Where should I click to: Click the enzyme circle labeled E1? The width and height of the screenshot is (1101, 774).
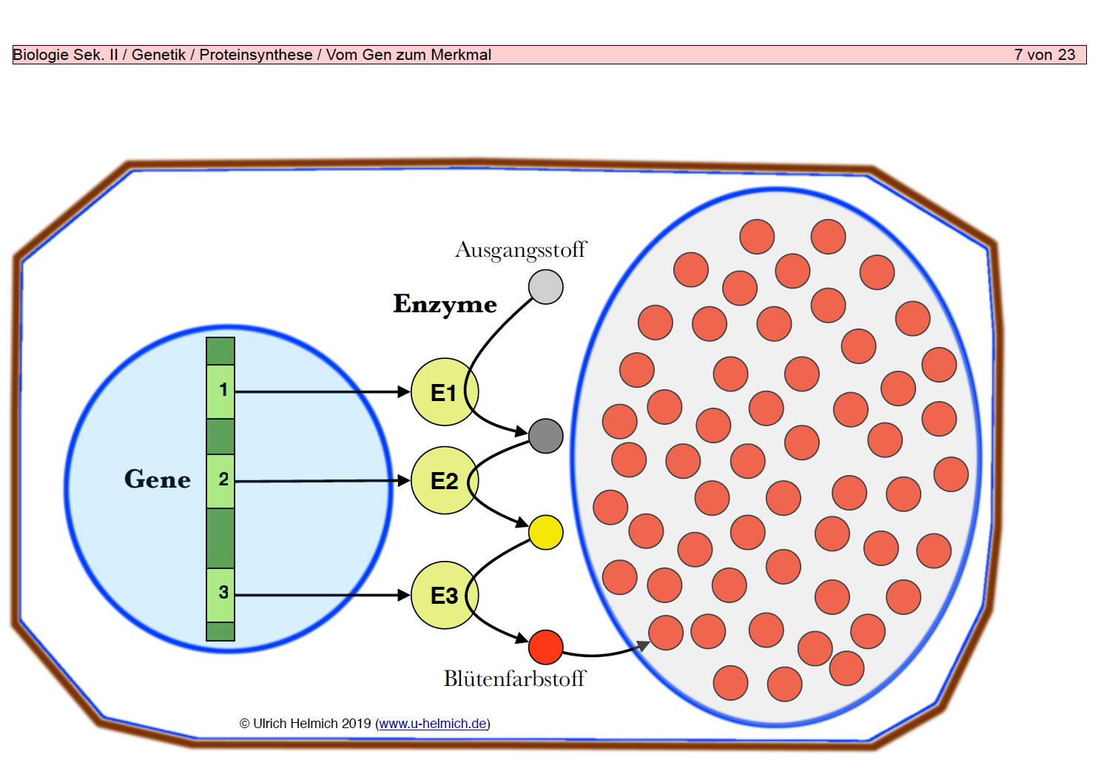[x=445, y=392]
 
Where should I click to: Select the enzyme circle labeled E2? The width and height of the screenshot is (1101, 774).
[x=445, y=481]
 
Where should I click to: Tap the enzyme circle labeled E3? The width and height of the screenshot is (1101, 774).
[x=445, y=595]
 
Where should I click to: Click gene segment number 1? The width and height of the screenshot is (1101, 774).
[x=220, y=391]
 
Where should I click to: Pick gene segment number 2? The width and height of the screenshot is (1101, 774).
[x=220, y=481]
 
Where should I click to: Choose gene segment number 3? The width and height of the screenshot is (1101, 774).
[x=220, y=595]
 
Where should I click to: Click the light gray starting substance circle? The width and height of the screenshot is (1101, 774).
[x=545, y=286]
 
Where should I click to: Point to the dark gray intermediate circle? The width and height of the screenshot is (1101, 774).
[x=545, y=436]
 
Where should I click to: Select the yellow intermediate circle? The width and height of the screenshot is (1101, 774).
[x=545, y=532]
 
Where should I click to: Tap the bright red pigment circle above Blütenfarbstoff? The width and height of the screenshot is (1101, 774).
[x=545, y=647]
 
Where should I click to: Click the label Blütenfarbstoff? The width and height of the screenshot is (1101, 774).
[x=515, y=679]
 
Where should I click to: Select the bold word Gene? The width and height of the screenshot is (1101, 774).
[x=158, y=479]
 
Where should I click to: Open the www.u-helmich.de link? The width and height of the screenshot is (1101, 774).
[x=433, y=724]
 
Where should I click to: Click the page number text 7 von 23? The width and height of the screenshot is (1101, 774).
[x=1045, y=55]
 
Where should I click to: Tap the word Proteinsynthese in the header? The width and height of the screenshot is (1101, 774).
[x=255, y=55]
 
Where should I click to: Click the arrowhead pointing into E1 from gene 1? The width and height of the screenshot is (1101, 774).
[x=403, y=391]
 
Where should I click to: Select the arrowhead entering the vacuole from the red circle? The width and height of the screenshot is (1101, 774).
[x=643, y=645]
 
